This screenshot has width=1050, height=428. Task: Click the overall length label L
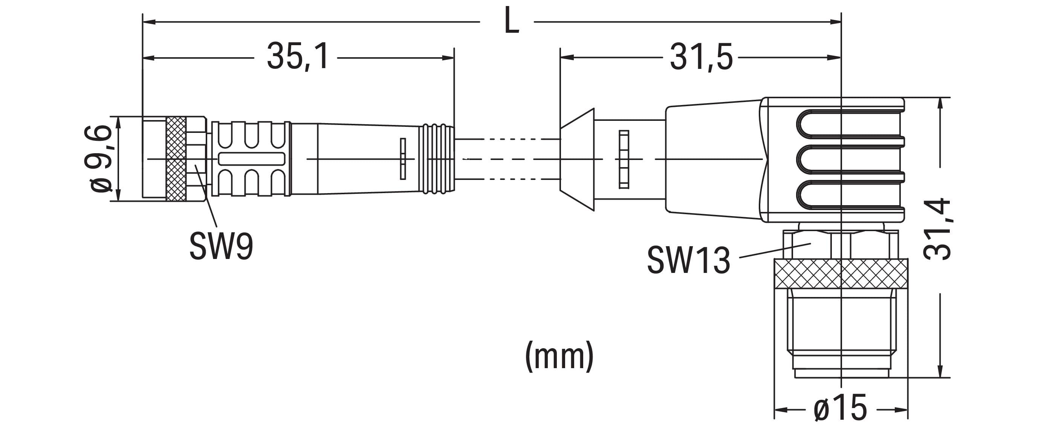tap(512, 21)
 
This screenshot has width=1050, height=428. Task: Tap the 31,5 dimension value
tap(701, 57)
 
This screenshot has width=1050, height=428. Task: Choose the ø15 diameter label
tap(841, 408)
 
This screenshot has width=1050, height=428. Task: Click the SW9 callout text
tap(221, 247)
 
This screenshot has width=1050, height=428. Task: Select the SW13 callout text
tap(688, 260)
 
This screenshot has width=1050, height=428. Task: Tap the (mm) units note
tap(559, 356)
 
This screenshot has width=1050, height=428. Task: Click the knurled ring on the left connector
tap(176, 159)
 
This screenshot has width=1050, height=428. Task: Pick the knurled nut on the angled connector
tap(841, 274)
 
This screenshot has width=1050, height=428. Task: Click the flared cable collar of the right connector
tap(577, 159)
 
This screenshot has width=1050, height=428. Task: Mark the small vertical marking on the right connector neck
tap(624, 159)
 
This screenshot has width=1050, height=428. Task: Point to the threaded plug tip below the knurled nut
tap(841, 334)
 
